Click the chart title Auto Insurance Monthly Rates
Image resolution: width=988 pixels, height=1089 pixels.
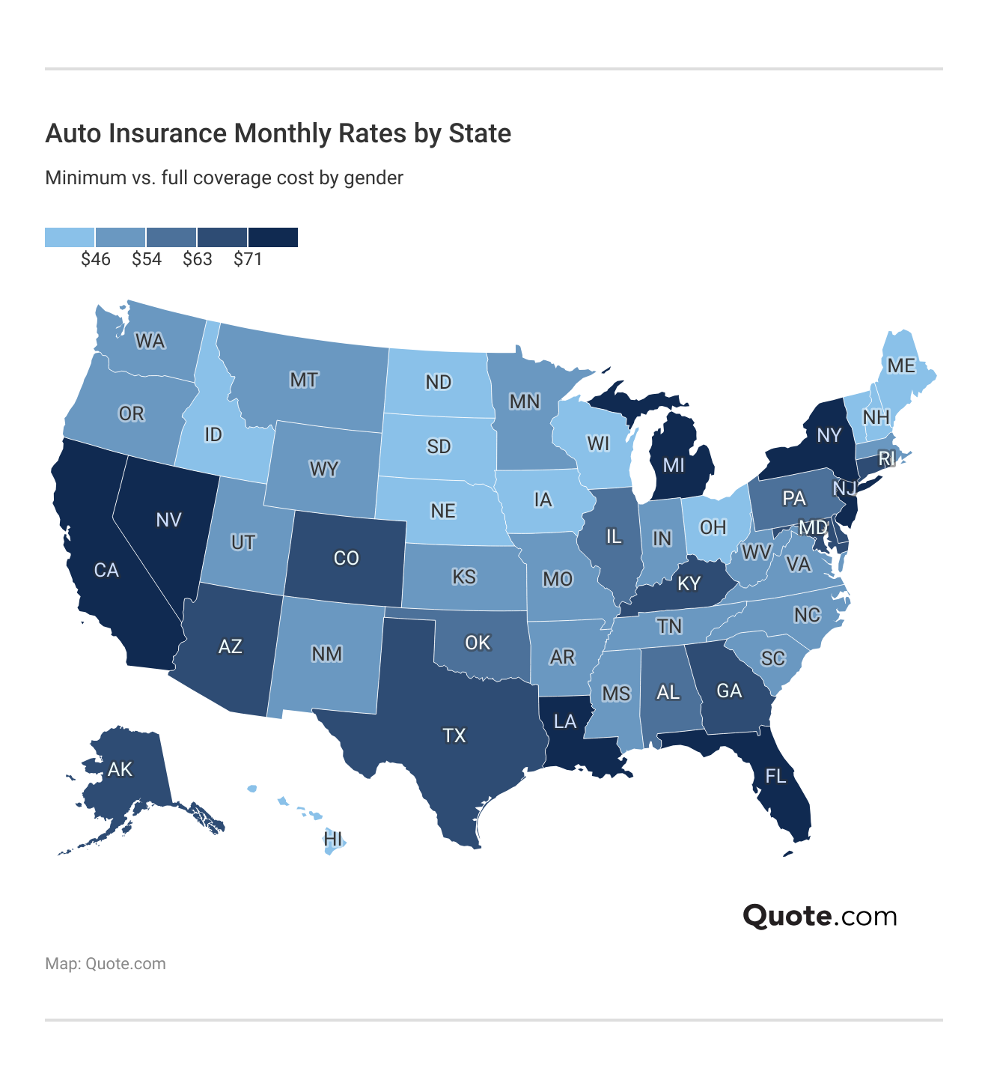pos(278,133)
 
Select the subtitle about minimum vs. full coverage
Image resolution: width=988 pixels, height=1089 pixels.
pos(224,178)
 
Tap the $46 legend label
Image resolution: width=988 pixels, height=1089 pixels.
pos(96,259)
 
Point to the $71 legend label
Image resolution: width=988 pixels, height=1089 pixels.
pos(248,259)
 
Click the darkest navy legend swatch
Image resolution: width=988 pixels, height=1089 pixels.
pos(273,237)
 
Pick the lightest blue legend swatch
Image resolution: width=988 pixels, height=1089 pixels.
pos(70,237)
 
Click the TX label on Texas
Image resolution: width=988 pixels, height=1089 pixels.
pos(454,735)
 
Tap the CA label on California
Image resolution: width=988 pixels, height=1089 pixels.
pos(106,570)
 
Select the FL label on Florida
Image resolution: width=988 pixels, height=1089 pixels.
pos(776,776)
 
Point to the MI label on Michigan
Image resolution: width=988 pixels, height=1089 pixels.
pos(674,465)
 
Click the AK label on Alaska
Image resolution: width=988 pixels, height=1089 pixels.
pos(120,769)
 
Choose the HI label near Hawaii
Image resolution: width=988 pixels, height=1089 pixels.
pos(333,839)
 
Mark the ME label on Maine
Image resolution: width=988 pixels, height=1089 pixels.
pos(901,365)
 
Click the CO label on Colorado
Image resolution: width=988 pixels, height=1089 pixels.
pos(346,558)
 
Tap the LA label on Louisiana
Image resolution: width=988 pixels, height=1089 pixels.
pos(565,721)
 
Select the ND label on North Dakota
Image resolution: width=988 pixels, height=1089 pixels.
pos(439,382)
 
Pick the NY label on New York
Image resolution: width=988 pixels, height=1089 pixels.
pos(829,435)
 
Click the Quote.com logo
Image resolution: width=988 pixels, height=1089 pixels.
pos(820,916)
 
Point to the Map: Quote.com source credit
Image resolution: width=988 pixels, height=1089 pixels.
pos(106,964)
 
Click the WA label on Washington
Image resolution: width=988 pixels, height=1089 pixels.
pos(150,342)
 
